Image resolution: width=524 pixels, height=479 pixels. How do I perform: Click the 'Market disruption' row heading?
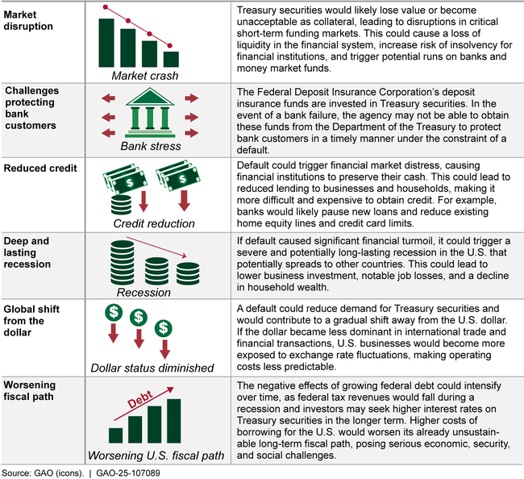point(29,17)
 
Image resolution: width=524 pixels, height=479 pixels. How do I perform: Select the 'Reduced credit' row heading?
point(41,169)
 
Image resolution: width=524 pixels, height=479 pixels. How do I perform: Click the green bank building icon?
point(149,112)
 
